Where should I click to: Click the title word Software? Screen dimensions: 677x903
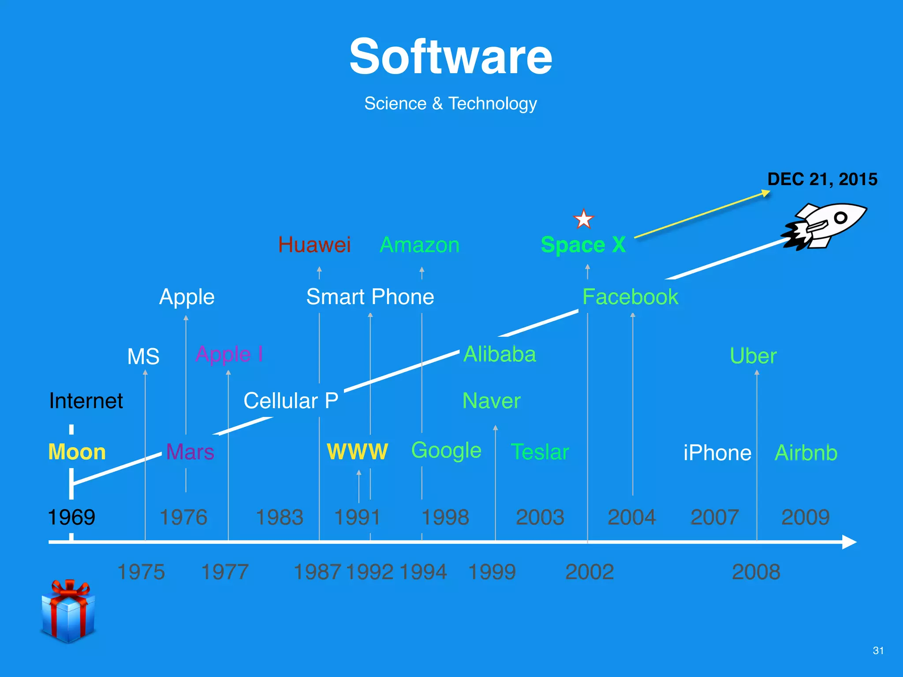[451, 57]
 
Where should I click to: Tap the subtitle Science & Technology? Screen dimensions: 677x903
[451, 104]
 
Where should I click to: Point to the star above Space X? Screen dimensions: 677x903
[583, 219]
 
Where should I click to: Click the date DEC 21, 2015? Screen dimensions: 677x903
[822, 179]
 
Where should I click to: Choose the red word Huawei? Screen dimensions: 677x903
[314, 245]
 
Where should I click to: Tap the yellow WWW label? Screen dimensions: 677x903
[357, 452]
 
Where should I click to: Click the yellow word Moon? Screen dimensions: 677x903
[77, 452]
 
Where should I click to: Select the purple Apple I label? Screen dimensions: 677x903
[229, 354]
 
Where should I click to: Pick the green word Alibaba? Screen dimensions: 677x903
[500, 354]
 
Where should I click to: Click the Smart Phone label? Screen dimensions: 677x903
[370, 297]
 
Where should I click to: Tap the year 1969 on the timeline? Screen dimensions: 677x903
[71, 517]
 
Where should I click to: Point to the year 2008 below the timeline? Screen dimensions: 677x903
[756, 572]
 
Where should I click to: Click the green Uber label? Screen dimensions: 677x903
[753, 356]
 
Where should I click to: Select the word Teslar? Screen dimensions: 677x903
[540, 452]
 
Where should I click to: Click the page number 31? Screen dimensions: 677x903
[878, 651]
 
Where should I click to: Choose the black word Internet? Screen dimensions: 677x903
[86, 401]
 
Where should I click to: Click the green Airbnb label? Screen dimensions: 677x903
[806, 453]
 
